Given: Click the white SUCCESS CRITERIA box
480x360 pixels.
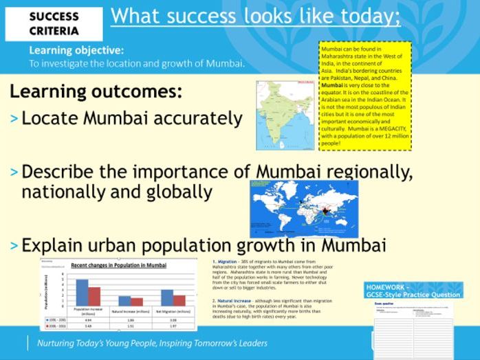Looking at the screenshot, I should tap(54, 23).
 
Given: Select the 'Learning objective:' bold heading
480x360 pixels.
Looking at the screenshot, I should tap(76, 50).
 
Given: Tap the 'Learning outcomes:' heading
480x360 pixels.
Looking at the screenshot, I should tap(96, 91).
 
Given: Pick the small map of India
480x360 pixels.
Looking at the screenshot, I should tap(285, 115).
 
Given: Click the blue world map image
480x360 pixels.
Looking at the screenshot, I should tap(303, 208).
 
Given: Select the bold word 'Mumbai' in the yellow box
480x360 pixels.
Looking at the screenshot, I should tap(334, 86).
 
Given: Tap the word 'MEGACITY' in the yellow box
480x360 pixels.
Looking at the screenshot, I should tap(391, 128).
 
